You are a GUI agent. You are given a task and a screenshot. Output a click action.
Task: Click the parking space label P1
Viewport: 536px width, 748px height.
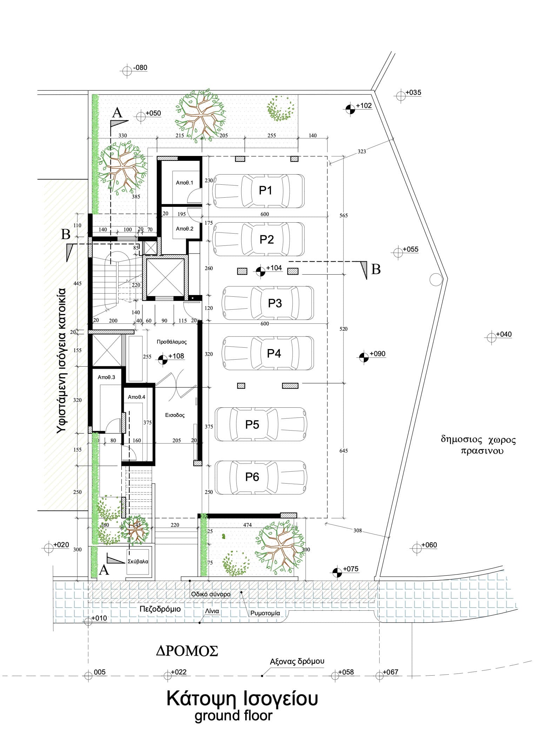pos(266,190)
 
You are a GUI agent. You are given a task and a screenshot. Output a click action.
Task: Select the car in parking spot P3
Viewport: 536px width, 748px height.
pos(267,303)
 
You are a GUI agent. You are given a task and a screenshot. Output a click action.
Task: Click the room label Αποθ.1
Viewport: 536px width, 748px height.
pos(185,183)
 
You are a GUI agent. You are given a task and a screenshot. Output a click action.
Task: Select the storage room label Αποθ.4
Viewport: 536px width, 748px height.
pos(136,397)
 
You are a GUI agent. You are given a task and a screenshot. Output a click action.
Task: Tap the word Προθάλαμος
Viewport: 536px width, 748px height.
pos(172,342)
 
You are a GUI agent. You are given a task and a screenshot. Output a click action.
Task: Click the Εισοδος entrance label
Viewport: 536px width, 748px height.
pos(175,415)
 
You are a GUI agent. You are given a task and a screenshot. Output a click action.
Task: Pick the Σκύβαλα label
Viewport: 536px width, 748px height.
pos(138,561)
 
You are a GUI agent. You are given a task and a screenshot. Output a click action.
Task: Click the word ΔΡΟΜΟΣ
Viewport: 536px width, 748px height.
pos(187,651)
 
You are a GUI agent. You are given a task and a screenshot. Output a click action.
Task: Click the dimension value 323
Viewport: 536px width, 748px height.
pos(362,151)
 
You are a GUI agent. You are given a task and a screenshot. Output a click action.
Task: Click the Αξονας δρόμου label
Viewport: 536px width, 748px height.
pos(297,661)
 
